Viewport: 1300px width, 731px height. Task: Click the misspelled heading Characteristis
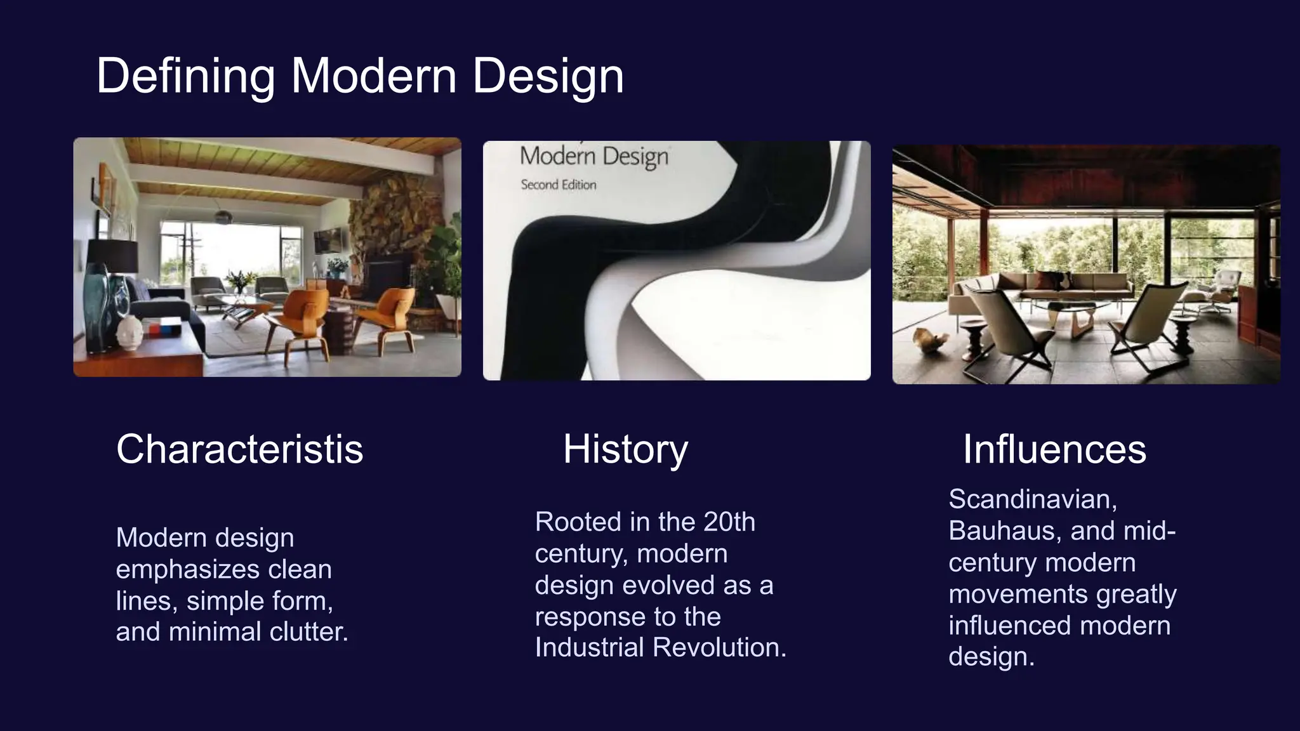239,449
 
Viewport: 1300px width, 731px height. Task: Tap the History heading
625,449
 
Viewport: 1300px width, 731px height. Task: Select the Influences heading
1054,449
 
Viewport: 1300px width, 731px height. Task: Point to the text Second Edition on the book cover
559,185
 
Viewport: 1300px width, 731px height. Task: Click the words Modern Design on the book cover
594,156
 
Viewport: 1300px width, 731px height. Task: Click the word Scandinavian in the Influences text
1032,499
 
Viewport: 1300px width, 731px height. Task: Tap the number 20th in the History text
729,522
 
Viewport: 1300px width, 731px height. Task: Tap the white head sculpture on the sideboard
129,332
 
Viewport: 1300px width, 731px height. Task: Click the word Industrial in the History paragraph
590,648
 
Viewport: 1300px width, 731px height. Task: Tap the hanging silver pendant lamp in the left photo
223,216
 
